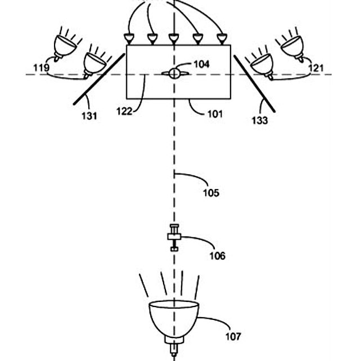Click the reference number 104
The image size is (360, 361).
[x=201, y=64]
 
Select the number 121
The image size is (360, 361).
[x=317, y=68]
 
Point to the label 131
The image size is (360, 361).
[x=89, y=116]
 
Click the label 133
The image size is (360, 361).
[x=259, y=120]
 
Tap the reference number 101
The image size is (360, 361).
[x=214, y=114]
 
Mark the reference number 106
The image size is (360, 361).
[x=217, y=256]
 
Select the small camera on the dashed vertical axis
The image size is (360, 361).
[x=174, y=238]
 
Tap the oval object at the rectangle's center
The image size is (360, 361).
[x=174, y=73]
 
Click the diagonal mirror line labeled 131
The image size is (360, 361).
[x=99, y=79]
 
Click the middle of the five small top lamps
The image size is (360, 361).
[x=174, y=39]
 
